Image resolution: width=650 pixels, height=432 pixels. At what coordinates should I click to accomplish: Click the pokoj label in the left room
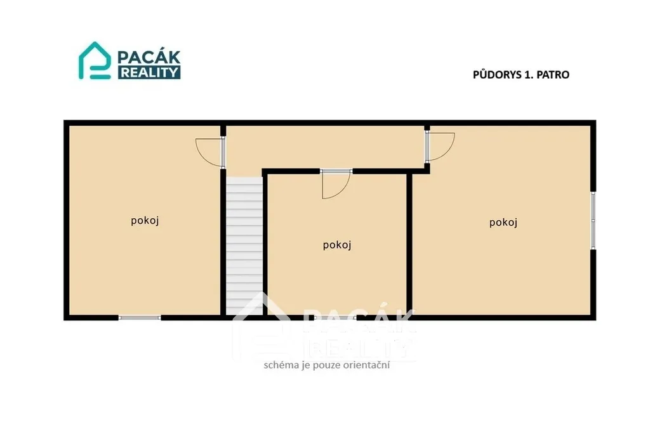(145, 221)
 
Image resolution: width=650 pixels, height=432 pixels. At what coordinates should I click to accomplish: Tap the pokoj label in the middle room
(337, 245)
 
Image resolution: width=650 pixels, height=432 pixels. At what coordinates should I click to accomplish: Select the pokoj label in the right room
(503, 223)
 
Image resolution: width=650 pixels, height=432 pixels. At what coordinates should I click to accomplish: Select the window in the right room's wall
(594, 220)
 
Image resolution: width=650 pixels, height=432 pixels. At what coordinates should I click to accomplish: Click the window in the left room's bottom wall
(140, 318)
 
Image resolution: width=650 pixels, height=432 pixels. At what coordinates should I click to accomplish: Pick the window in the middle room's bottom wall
(335, 318)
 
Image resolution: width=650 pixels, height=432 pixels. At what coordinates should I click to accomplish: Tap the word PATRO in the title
(553, 75)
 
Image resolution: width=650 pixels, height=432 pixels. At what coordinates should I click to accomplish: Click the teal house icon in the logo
(95, 60)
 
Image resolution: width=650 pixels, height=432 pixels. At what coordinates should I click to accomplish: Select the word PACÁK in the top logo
(149, 56)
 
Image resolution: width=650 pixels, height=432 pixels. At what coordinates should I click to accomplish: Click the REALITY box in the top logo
(149, 72)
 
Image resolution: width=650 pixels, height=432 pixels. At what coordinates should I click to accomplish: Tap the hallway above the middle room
(326, 147)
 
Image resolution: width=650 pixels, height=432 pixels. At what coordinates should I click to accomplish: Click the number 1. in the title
(529, 75)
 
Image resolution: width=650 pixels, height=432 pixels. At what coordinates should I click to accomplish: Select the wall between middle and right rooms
(409, 244)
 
